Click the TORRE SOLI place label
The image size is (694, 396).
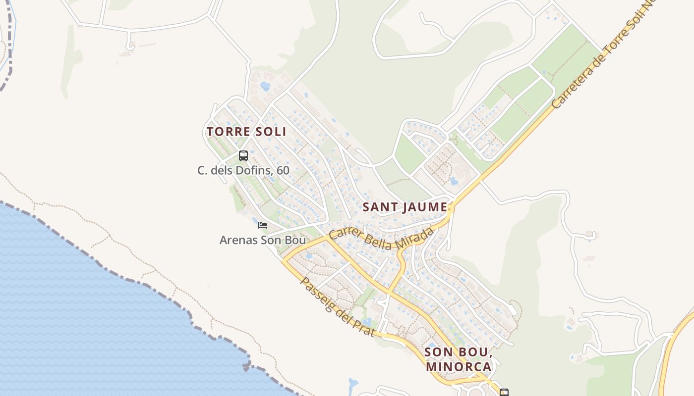point(246,132)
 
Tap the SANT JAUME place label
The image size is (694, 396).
point(405,207)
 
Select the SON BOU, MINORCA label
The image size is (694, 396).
point(459,359)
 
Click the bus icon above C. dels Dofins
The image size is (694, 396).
point(243,156)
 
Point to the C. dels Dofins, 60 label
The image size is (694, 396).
point(243,170)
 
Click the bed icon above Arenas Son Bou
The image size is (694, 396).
point(263,225)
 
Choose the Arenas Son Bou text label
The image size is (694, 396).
point(262,241)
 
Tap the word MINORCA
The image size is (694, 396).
point(459,367)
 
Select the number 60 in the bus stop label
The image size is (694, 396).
point(283,170)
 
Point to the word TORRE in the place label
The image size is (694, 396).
point(226,132)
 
